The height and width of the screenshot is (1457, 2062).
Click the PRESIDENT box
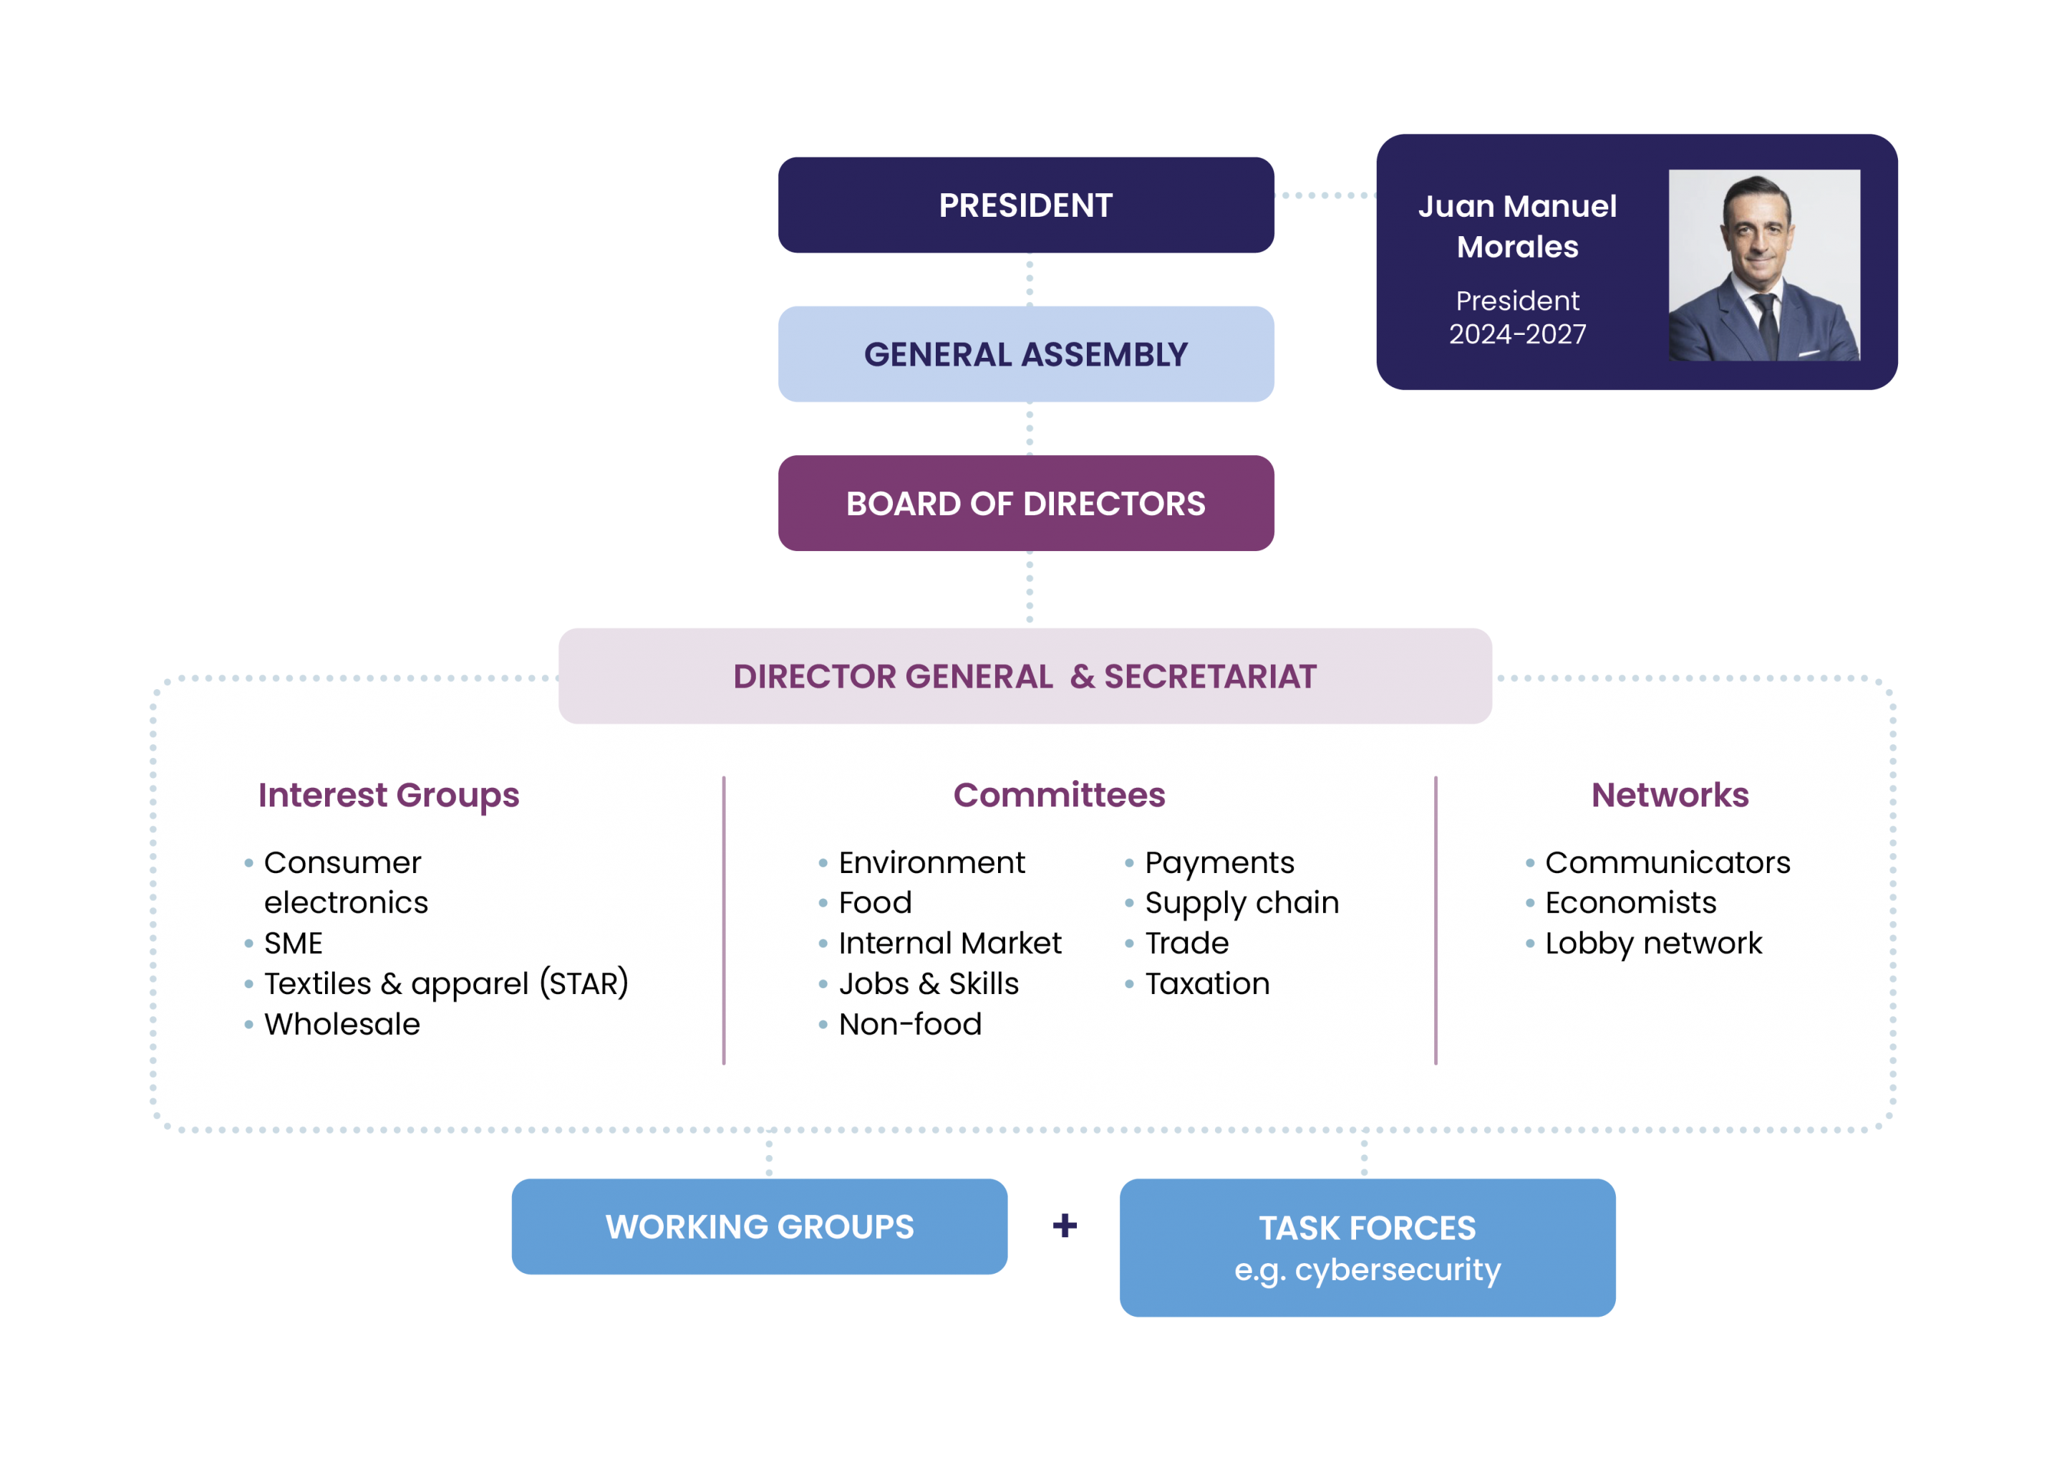[x=1025, y=205]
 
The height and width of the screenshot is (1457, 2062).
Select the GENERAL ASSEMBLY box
[x=1025, y=355]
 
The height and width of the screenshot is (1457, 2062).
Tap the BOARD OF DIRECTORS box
[x=1025, y=504]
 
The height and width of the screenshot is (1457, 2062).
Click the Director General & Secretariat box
[x=1025, y=676]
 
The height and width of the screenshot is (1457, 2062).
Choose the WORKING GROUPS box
[x=760, y=1227]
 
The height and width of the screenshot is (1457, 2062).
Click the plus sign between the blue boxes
[x=1065, y=1225]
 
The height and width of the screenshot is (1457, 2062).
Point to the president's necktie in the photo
[x=1766, y=323]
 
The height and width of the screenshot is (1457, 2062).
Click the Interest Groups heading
[x=388, y=795]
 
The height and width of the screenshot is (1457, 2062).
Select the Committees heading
[x=1059, y=795]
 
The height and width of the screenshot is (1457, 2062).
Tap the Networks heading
[x=1670, y=795]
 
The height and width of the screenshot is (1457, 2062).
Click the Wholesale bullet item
[x=342, y=1024]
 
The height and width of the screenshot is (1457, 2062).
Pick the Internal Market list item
[x=949, y=943]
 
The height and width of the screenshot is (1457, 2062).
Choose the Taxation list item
[x=1207, y=984]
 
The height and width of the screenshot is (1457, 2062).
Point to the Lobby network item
[x=1653, y=943]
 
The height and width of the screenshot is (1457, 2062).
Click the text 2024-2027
[x=1518, y=334]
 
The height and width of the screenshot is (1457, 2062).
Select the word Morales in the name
[x=1518, y=247]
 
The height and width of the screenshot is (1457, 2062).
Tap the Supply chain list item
[x=1241, y=903]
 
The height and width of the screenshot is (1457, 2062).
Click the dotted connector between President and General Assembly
[x=1029, y=279]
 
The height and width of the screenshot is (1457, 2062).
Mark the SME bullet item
[x=293, y=943]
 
